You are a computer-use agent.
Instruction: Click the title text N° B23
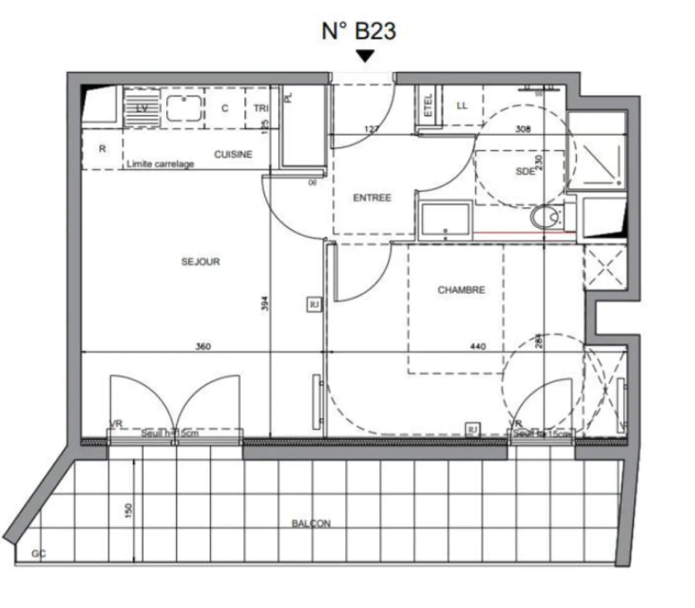tap(359, 31)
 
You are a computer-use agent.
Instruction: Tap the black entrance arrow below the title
tap(365, 56)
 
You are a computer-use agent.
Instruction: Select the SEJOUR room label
tap(200, 262)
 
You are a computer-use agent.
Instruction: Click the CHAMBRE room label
tap(461, 290)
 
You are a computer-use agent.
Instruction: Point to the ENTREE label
tap(372, 198)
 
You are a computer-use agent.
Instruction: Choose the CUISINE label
tap(233, 155)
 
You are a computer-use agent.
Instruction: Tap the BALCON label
tap(311, 523)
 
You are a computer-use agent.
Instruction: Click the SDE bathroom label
tap(525, 171)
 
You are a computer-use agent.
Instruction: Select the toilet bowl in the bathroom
tap(545, 218)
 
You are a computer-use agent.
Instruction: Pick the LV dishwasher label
tap(141, 108)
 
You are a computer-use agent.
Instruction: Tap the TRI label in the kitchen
tap(261, 108)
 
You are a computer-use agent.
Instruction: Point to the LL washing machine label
tap(462, 106)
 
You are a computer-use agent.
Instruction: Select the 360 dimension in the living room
tap(203, 347)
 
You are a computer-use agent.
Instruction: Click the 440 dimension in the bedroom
tap(478, 347)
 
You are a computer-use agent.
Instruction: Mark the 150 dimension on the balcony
tap(129, 510)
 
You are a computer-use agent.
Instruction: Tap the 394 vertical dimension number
tap(265, 305)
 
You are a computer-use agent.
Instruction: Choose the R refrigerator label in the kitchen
tap(103, 149)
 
